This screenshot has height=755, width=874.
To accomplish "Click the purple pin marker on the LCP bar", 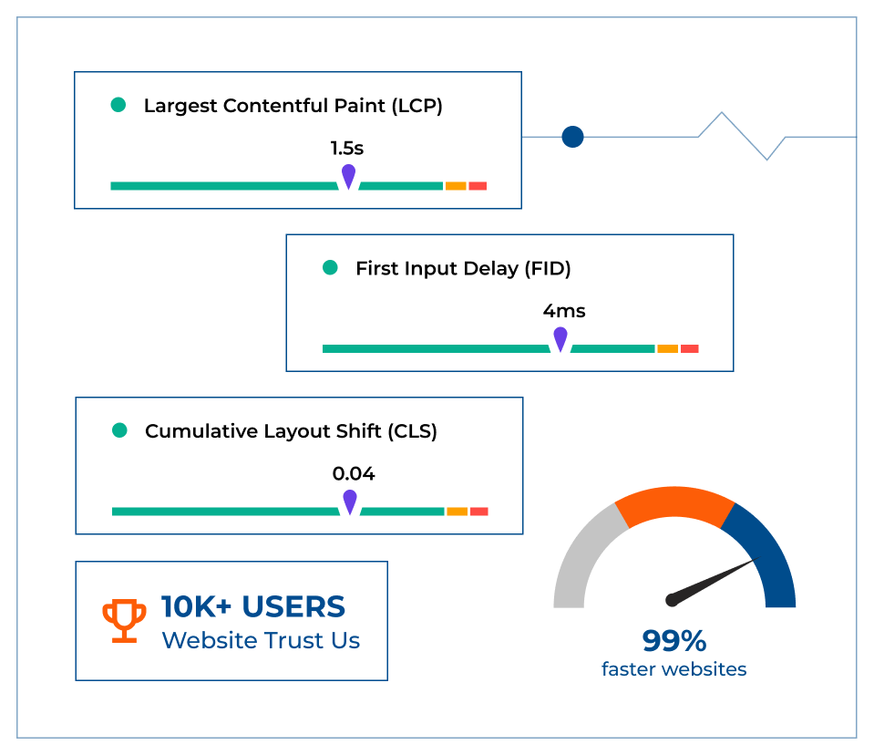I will (x=348, y=175).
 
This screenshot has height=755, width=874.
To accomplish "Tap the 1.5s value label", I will (x=346, y=148).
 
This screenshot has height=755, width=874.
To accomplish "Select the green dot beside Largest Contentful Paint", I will (x=118, y=105).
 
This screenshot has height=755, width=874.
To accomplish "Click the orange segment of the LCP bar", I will (x=456, y=186).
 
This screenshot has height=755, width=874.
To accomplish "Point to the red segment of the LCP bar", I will (x=478, y=186).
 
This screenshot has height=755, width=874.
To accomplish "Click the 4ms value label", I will (x=564, y=311).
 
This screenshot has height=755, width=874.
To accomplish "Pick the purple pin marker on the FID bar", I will (x=560, y=338).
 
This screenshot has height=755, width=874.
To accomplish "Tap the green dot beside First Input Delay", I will (x=330, y=268).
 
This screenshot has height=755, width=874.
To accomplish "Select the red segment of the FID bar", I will (x=689, y=348).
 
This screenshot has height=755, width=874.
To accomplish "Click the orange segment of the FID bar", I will (x=667, y=348).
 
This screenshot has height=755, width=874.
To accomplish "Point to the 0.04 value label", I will (x=354, y=474).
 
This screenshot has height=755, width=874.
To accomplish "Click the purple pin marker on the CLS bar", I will (x=349, y=502).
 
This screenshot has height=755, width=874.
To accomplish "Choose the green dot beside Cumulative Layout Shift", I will (x=119, y=430).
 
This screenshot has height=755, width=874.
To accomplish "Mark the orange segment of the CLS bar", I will (x=457, y=512).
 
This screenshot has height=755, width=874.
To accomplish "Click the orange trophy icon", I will (x=124, y=621).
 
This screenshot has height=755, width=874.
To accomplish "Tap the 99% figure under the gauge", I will (x=673, y=641).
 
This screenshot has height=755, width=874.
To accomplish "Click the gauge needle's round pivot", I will (x=672, y=599).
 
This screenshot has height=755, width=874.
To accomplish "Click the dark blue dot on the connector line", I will (x=572, y=137).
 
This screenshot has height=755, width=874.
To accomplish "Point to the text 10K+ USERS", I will (x=253, y=607).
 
